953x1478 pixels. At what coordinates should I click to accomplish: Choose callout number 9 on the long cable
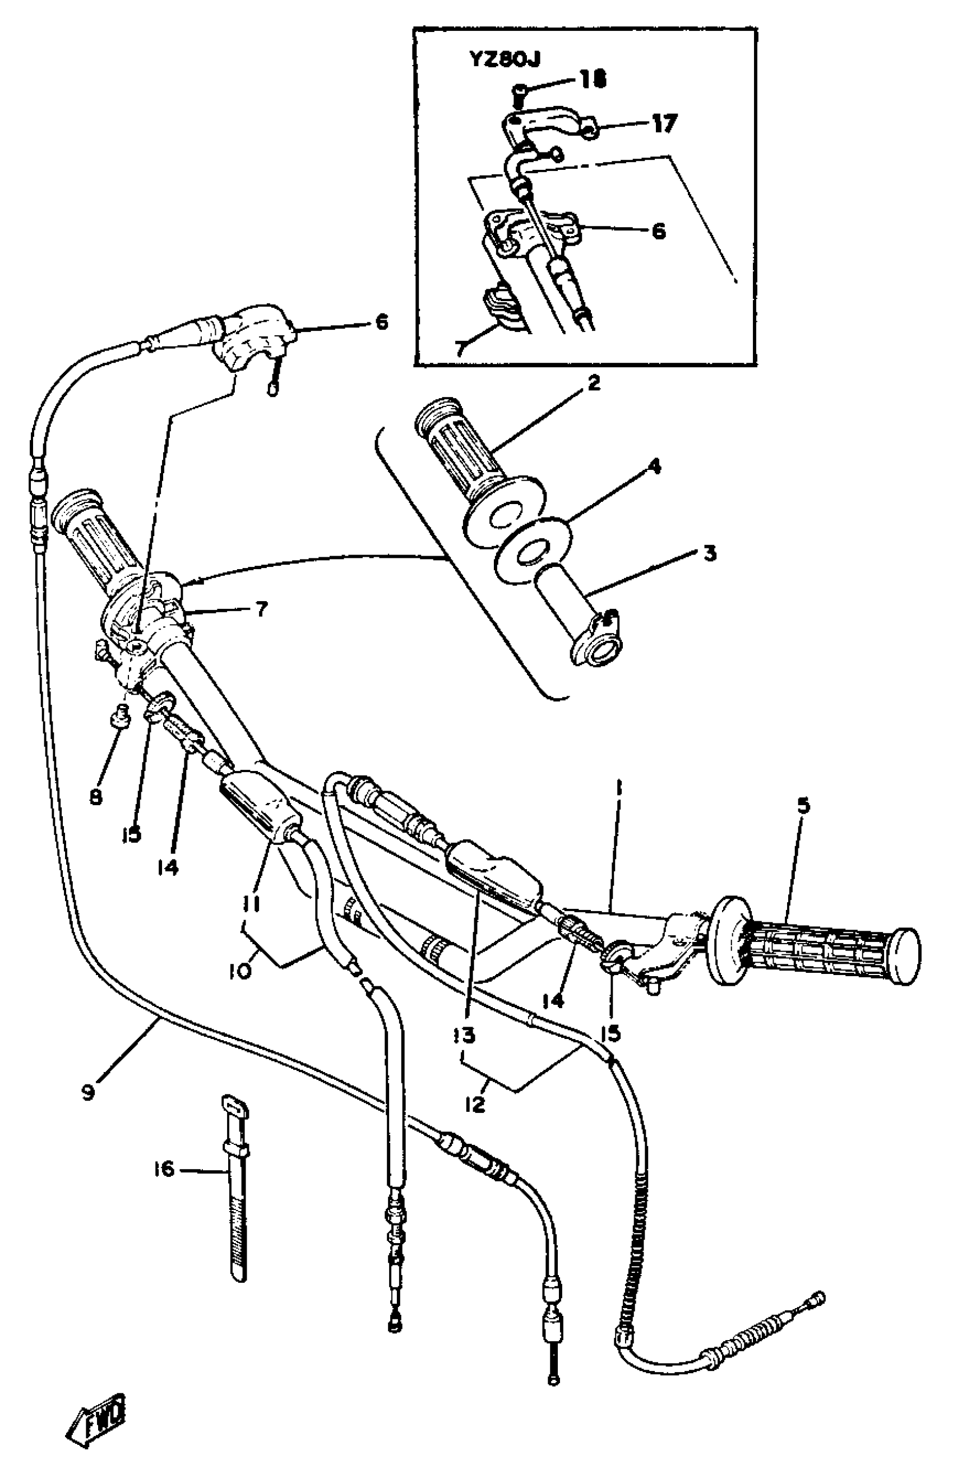click(x=88, y=1093)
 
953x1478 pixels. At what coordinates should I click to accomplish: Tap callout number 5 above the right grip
click(x=803, y=806)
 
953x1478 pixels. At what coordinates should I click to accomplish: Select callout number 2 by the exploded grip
click(x=593, y=384)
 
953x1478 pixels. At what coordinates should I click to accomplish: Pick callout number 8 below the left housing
click(x=96, y=798)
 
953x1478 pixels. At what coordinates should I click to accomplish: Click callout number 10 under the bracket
click(x=240, y=972)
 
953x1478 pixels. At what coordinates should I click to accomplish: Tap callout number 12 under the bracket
click(x=475, y=1103)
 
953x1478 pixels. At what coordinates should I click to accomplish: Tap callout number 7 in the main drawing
click(x=261, y=609)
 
